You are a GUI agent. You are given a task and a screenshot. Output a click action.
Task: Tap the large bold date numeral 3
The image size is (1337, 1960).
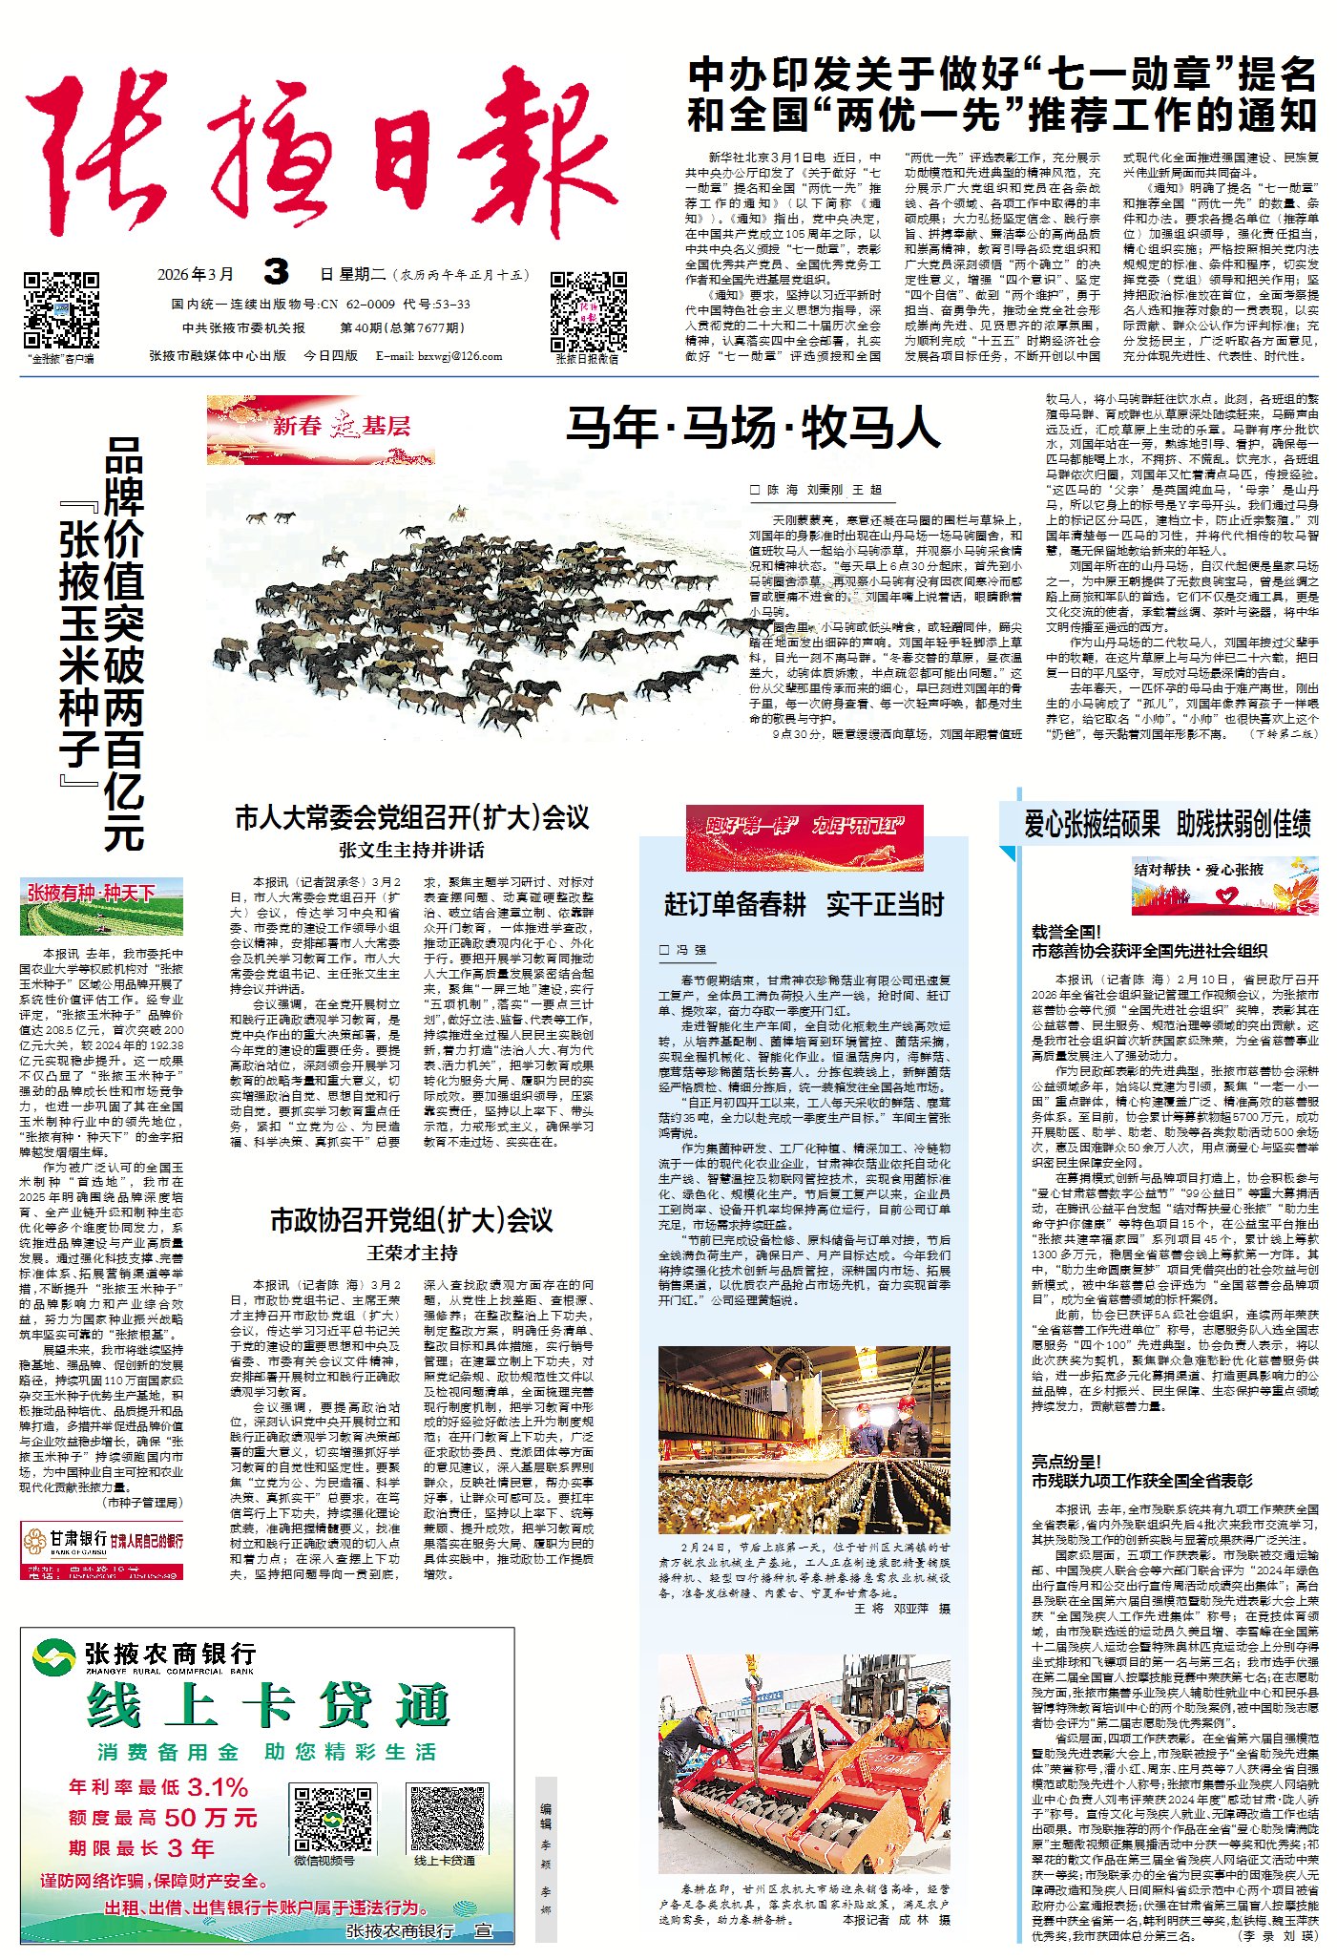coord(276,273)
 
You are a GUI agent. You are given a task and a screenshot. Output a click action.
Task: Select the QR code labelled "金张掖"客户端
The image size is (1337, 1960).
coord(61,311)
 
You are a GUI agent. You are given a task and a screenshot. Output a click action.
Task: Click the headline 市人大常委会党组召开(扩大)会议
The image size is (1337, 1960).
coord(412,817)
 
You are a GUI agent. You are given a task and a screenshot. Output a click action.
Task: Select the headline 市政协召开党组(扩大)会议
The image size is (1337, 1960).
coord(412,1220)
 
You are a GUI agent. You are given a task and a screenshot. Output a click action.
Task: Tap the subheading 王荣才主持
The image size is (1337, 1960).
coord(412,1253)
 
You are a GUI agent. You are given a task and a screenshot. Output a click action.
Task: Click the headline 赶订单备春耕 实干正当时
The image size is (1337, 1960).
coord(804,904)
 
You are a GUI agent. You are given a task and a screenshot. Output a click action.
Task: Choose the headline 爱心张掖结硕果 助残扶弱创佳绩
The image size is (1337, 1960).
coord(1167,823)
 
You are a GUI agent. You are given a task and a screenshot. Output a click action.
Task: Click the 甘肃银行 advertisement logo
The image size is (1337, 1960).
coord(102,1539)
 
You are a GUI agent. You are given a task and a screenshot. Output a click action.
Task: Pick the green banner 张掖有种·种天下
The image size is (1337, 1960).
coord(101,906)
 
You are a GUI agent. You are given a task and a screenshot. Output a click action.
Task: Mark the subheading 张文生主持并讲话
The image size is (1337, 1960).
coord(412,850)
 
